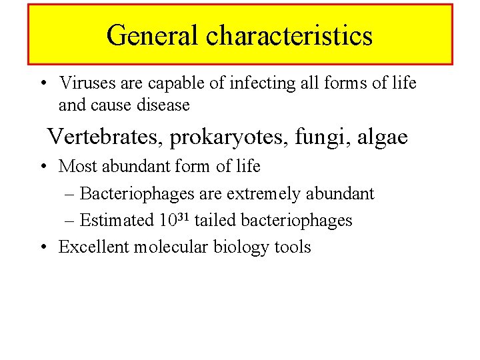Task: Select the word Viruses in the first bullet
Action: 85,83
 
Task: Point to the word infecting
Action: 245,83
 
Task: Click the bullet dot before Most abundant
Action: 43,166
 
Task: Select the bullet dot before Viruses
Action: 43,84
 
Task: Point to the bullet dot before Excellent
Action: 43,247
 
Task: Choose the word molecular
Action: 171,247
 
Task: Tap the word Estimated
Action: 117,220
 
